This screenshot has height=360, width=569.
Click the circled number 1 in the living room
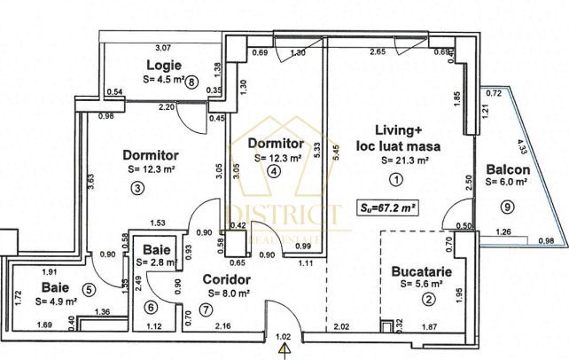[394, 179]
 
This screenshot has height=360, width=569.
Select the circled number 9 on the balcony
[506, 207]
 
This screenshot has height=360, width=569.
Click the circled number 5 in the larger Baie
[88, 287]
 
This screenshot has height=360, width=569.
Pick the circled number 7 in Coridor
[151, 307]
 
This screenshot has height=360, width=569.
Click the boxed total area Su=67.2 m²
[207, 309]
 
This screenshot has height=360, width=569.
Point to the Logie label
[163, 65]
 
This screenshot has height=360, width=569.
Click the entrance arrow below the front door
[284, 350]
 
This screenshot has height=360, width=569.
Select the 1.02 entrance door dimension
[284, 337]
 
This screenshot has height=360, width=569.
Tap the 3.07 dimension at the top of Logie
[163, 47]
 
